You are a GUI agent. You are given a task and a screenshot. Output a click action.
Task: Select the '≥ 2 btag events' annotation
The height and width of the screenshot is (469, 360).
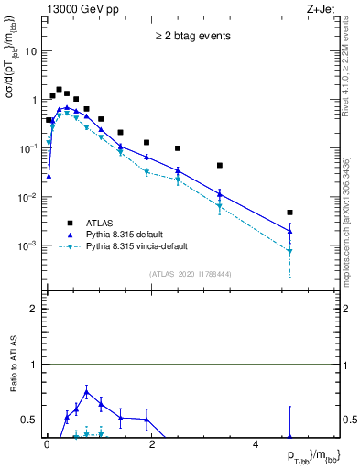[x=192, y=37]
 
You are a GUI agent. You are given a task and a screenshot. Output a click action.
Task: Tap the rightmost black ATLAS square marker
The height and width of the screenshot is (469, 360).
[x=289, y=213]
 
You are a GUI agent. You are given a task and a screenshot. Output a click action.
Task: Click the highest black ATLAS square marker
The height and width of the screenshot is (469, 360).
[x=59, y=90]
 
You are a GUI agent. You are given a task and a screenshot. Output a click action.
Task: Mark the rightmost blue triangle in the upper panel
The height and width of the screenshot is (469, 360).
[x=289, y=231]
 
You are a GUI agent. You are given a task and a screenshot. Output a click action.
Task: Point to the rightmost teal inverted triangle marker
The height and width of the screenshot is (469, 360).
[x=289, y=251]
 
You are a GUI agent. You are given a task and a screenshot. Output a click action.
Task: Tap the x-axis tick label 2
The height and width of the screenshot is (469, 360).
[x=151, y=444]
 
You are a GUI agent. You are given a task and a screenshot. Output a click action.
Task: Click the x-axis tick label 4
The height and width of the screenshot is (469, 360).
[x=256, y=444]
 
